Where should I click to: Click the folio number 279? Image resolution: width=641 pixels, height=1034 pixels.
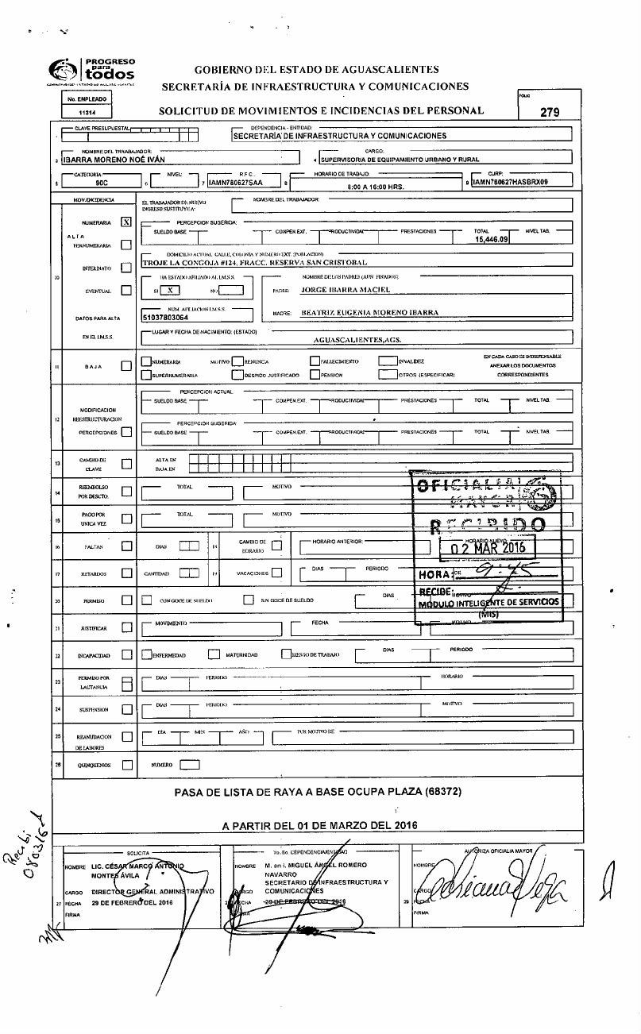click(550, 113)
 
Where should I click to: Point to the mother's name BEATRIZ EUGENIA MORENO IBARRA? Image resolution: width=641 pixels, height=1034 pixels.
click(369, 313)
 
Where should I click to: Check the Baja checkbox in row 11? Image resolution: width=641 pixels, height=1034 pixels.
click(126, 367)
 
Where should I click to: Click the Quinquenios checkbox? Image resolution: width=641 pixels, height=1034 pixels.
click(126, 766)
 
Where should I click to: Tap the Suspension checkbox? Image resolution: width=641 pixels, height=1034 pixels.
click(126, 708)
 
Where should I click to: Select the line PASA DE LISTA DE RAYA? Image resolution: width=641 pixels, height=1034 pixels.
click(317, 792)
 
